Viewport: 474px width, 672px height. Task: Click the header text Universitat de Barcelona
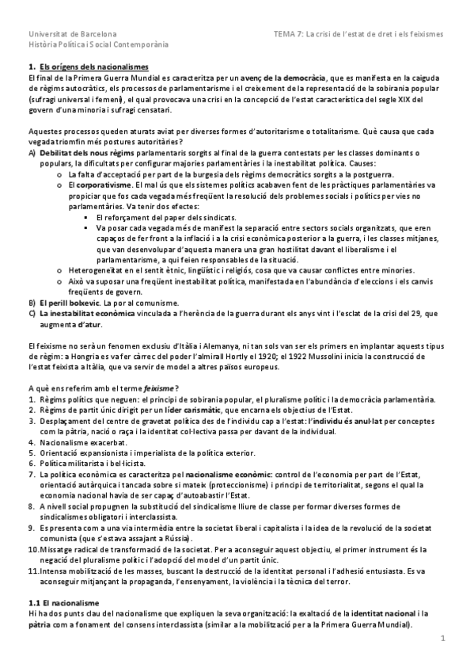[x=72, y=35]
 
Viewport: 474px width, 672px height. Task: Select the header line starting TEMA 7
[x=358, y=35]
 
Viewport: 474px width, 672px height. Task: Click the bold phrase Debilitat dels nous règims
[x=82, y=152]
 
